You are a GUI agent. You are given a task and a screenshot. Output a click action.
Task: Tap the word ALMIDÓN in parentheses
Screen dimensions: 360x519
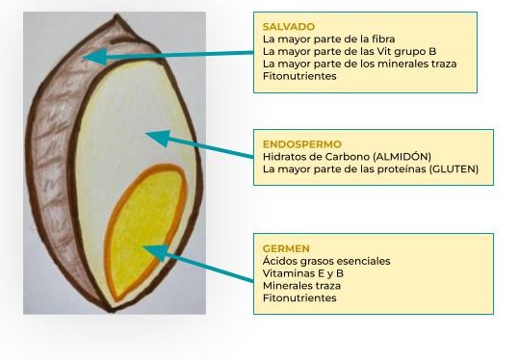[x=402, y=156]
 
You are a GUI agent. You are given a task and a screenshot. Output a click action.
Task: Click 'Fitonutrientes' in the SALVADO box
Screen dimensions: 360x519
[x=299, y=76]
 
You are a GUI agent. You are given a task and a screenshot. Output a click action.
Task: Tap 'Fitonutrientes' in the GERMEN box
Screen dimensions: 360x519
[x=299, y=297]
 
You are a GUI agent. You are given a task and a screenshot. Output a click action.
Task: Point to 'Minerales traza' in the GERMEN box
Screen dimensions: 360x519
[x=300, y=285]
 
